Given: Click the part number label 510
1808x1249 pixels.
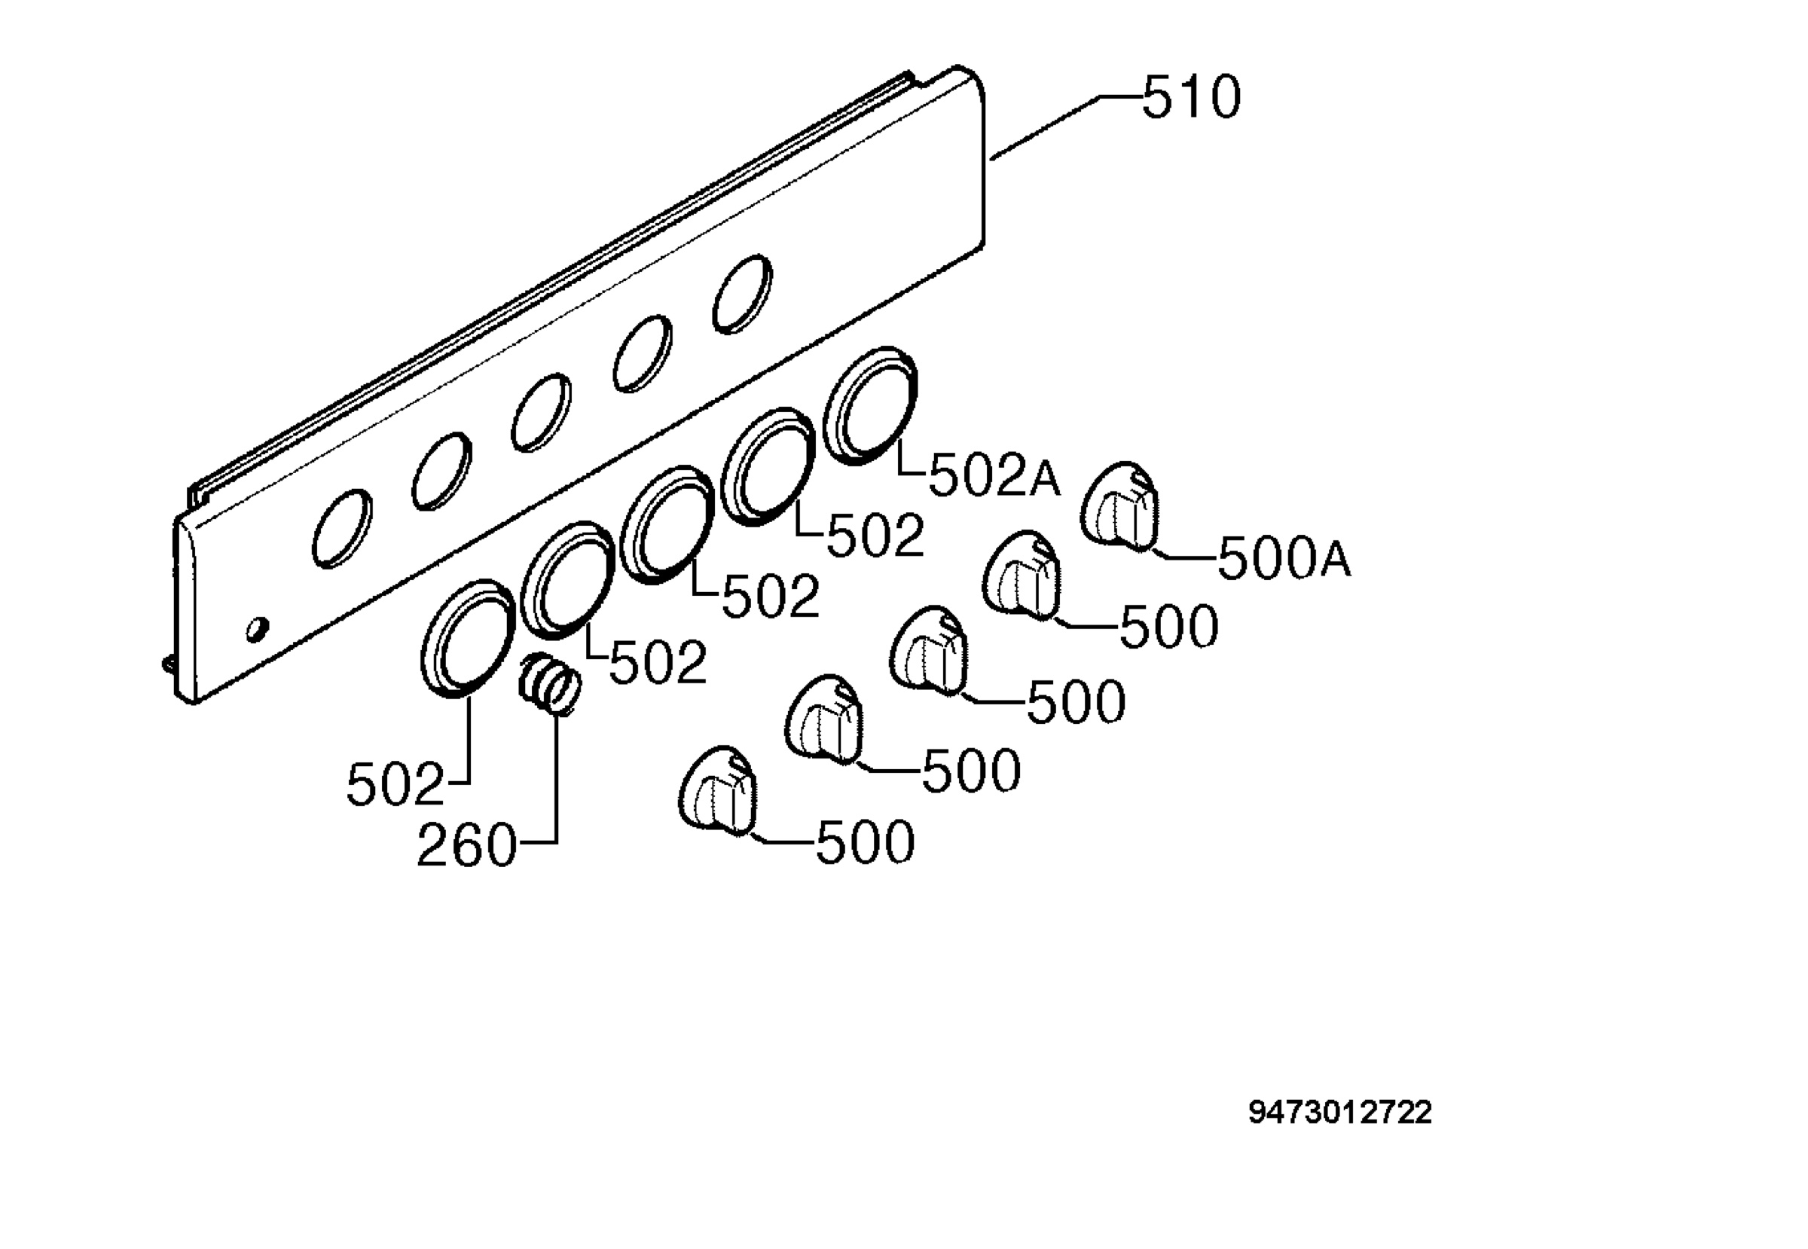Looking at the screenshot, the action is (1191, 98).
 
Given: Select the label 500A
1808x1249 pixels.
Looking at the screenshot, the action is (1284, 559).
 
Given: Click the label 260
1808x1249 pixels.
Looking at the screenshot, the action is (466, 846).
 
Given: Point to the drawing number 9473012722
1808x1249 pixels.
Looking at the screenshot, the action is (1340, 1113).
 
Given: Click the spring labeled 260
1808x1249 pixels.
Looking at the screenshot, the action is (549, 683).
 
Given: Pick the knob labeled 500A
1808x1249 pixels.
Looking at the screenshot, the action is (1120, 505).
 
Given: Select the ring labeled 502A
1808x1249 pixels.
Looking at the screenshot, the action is (870, 405).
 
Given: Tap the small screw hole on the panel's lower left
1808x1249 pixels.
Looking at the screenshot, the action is (257, 629).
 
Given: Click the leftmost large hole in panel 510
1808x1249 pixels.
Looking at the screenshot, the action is (342, 528).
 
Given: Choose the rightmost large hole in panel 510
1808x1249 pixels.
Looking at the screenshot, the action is (742, 294).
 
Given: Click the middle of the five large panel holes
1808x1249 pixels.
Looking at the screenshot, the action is (541, 412).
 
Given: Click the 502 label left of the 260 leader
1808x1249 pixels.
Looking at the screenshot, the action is (395, 785).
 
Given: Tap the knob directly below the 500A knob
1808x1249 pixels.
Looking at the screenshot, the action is (1022, 575).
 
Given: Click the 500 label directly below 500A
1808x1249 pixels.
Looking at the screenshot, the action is (1169, 627).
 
